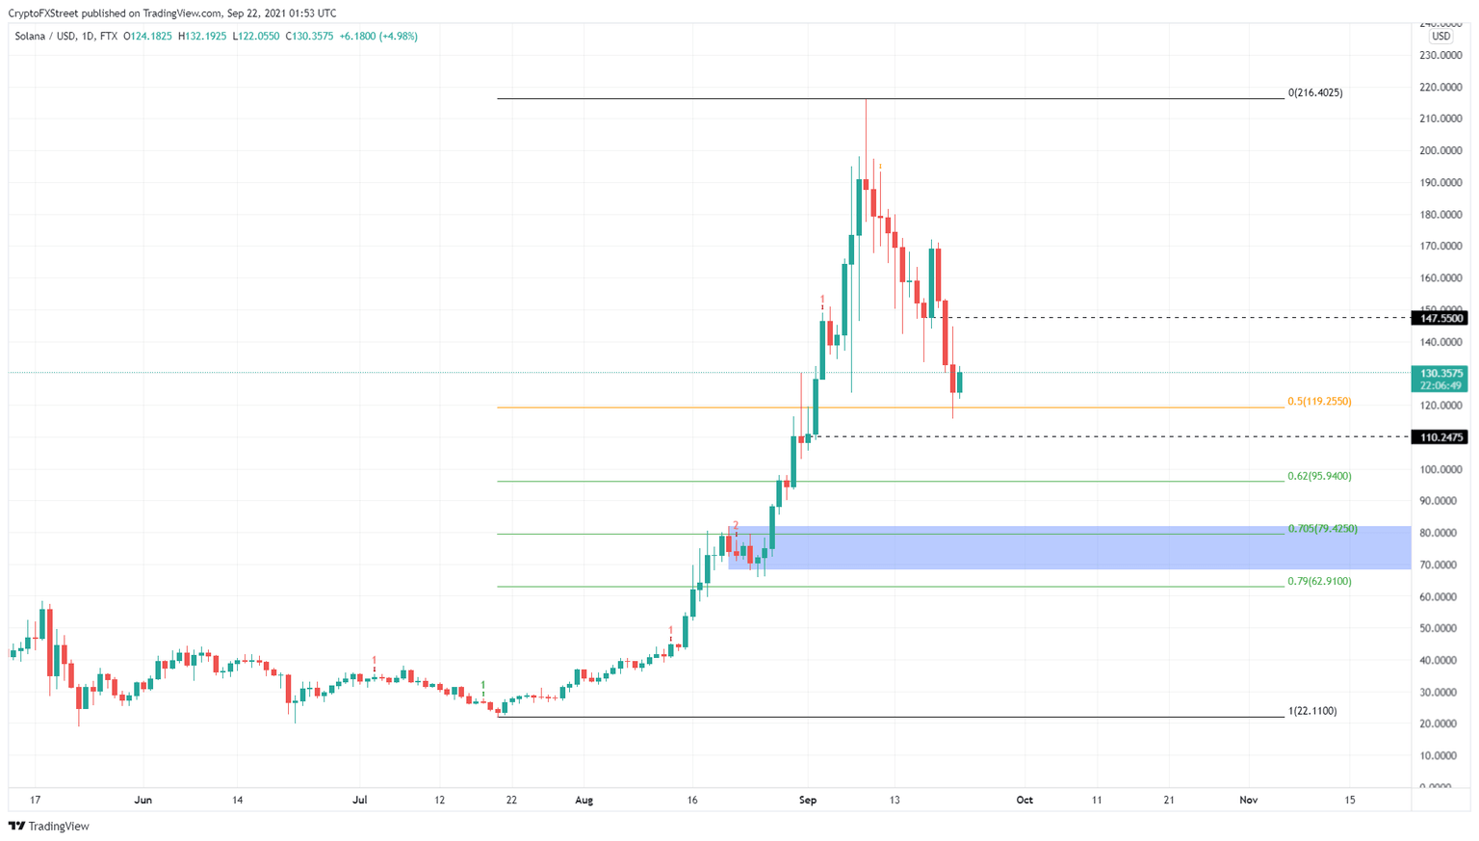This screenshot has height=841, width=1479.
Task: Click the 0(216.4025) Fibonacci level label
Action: coord(1314,93)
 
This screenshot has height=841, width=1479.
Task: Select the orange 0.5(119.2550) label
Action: coord(1319,402)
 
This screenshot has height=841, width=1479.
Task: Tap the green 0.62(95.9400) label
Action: coord(1319,476)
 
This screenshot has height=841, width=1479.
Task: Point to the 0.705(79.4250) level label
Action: coord(1322,529)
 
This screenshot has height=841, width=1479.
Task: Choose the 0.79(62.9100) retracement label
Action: coord(1319,582)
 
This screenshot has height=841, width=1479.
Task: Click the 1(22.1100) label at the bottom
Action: coord(1311,711)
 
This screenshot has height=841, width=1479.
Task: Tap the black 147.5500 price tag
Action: coord(1440,318)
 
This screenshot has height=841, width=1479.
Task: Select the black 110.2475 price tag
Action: coord(1440,437)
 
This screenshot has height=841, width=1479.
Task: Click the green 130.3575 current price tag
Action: coord(1440,373)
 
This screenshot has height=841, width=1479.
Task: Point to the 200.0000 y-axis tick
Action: coord(1441,151)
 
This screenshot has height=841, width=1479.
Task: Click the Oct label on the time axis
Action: coord(1025,800)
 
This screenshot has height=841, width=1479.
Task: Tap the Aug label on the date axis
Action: coord(584,800)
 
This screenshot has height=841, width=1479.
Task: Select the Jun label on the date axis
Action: coord(143,800)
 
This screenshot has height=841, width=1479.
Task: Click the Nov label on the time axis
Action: coord(1249,800)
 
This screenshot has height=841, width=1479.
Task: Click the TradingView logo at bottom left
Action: coord(49,826)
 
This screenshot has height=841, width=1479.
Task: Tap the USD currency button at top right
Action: coord(1440,37)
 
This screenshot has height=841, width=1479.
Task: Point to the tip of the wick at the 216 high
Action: coord(866,99)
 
